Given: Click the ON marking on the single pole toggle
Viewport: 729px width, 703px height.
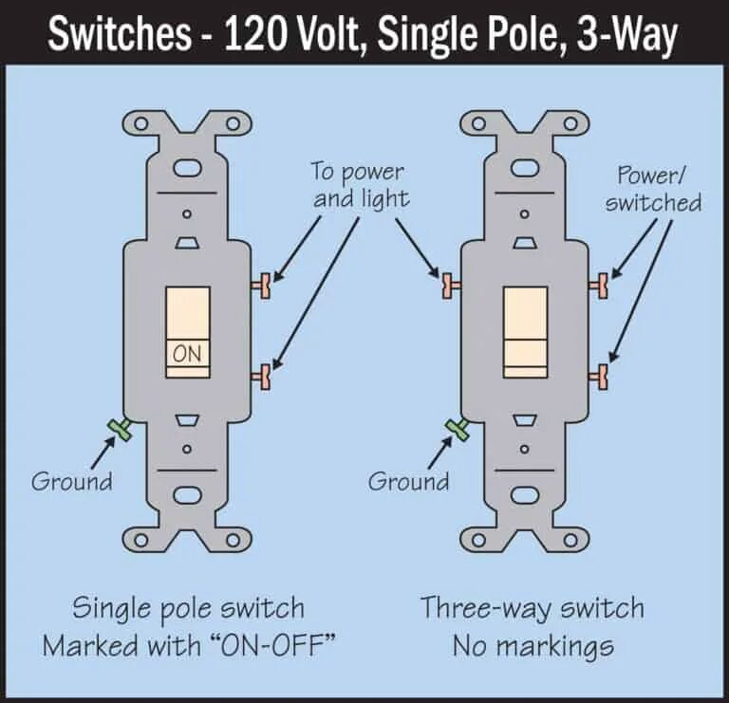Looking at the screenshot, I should tap(187, 353).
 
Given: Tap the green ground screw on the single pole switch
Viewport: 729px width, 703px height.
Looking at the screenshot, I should tap(120, 430).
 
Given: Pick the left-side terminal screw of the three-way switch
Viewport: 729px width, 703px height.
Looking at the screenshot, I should tap(451, 283).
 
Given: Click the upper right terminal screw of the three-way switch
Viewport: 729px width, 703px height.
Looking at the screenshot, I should tap(599, 283).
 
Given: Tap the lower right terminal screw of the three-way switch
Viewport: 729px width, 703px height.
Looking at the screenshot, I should tap(599, 377).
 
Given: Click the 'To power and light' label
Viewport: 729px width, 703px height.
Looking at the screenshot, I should tap(360, 185).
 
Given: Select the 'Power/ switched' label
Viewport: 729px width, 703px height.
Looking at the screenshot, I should tap(653, 189).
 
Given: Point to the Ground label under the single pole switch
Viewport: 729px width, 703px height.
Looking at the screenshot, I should tap(72, 481).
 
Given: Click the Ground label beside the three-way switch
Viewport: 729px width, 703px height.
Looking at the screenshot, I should tap(409, 481).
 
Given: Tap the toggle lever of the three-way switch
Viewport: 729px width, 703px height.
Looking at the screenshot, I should tap(525, 332).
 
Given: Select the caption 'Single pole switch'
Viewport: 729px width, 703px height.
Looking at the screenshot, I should tap(188, 608).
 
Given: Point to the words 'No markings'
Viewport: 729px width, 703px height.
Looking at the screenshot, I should tap(533, 647).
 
